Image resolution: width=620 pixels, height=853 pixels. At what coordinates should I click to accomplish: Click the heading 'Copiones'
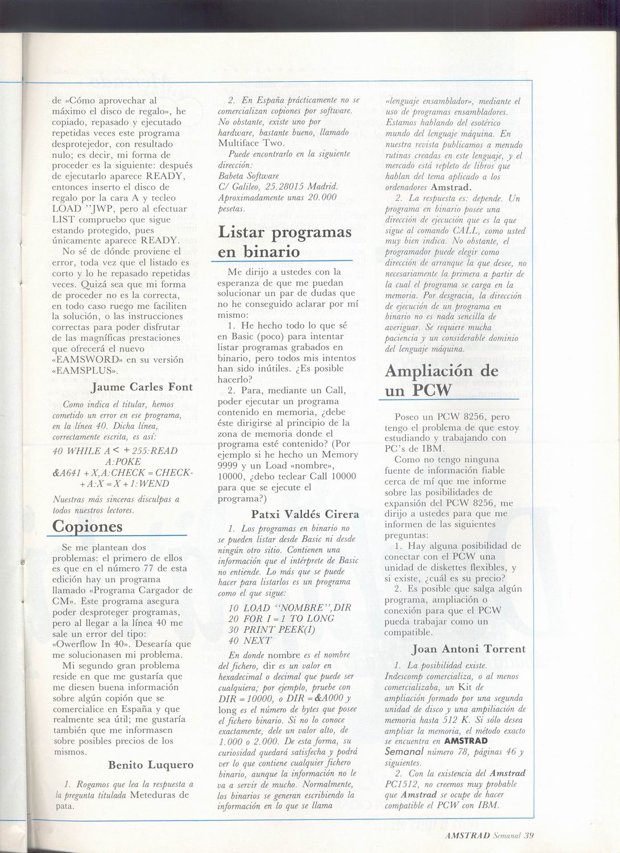pos(87,526)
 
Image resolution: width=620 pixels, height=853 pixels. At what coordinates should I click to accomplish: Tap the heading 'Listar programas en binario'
pos(284,242)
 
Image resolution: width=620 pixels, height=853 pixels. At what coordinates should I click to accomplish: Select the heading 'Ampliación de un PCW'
pos(442,380)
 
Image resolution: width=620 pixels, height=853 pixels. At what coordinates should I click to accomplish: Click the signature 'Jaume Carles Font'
pos(143,387)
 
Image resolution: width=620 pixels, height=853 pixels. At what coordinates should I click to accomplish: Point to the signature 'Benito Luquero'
pos(151,764)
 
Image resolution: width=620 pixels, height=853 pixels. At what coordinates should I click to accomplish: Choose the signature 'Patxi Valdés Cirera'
pos(305,514)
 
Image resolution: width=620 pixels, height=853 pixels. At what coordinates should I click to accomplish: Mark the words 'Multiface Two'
pos(252,142)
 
